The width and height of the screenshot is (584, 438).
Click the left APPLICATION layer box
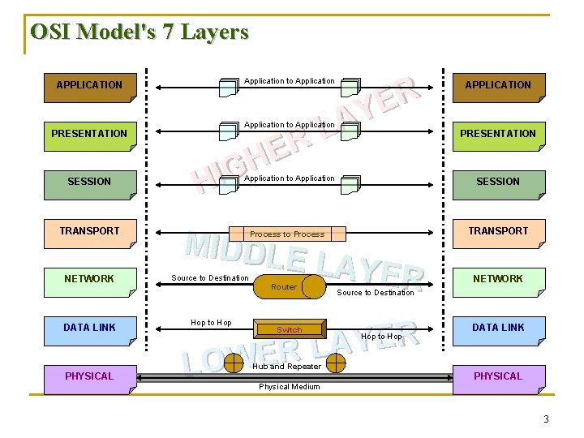tap(89, 86)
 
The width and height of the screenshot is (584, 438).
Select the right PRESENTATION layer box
tap(498, 135)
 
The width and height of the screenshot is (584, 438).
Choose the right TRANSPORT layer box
tap(498, 232)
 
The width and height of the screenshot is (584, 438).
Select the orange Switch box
tap(289, 330)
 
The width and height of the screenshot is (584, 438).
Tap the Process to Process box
tap(287, 234)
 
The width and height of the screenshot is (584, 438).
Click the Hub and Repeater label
tap(287, 367)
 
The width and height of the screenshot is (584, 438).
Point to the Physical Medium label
tap(290, 387)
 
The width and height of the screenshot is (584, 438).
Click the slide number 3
tap(546, 419)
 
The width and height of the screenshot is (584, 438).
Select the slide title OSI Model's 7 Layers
tap(139, 32)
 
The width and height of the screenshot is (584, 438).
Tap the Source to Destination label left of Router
tap(210, 278)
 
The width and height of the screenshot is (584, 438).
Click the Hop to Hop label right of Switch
tap(381, 337)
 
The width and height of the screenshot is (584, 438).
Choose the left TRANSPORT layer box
tap(89, 232)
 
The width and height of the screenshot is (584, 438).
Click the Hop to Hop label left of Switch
tap(211, 323)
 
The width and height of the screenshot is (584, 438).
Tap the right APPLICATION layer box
tap(498, 86)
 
